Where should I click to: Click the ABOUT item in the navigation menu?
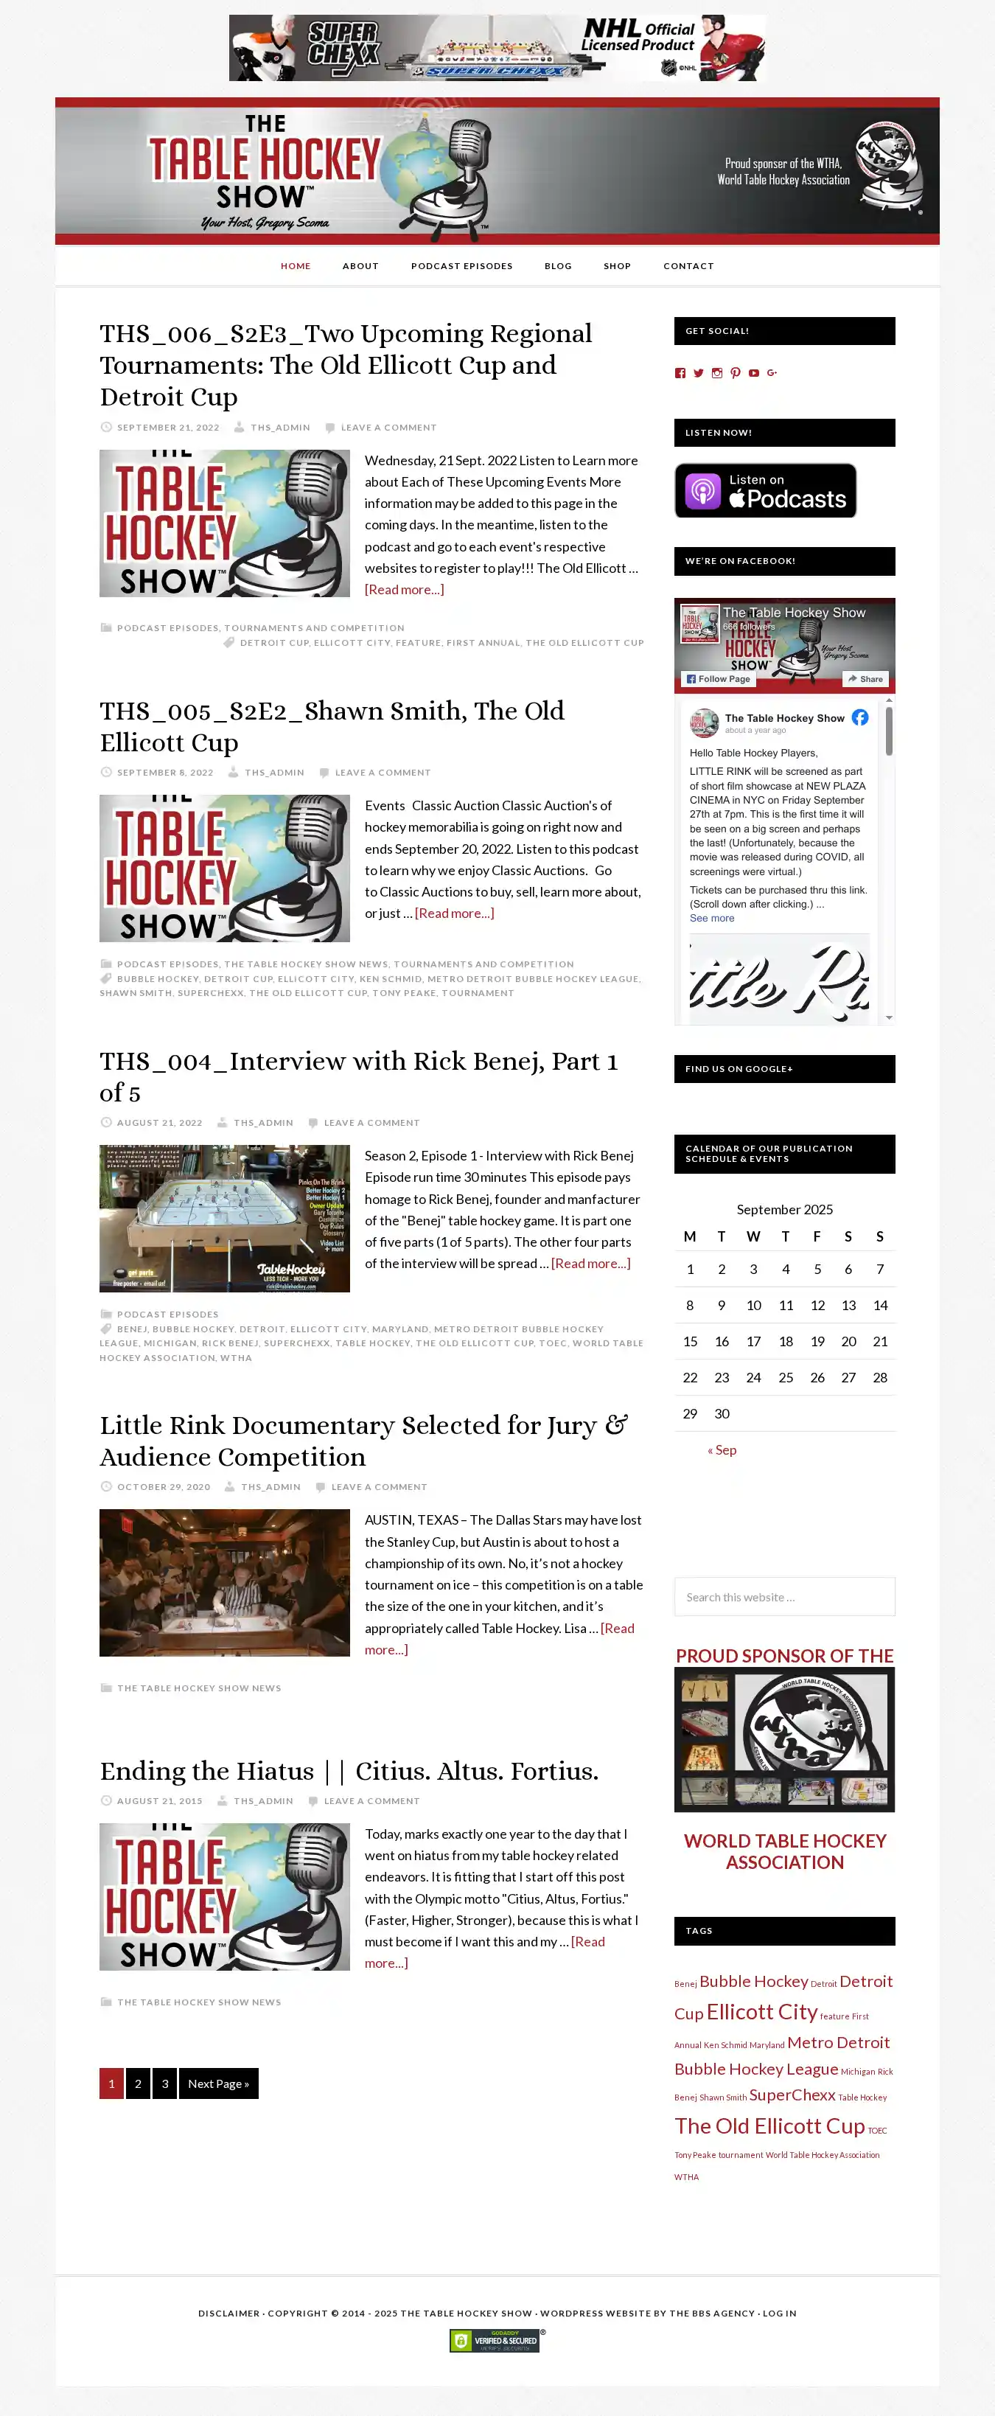360,266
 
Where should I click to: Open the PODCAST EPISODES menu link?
461,266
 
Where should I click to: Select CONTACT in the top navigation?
688,266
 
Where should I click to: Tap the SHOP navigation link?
617,266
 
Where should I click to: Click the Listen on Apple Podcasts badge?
765,490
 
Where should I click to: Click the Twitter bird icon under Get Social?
699,373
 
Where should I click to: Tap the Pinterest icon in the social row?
736,373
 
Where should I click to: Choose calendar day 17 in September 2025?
753,1341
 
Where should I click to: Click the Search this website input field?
784,1597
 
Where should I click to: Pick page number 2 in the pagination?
138,2084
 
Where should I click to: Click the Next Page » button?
217,2084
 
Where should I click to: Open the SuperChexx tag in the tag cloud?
792,2095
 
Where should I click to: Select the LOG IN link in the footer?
779,2314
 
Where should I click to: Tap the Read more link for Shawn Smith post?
454,913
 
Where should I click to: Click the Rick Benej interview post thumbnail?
224,1218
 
